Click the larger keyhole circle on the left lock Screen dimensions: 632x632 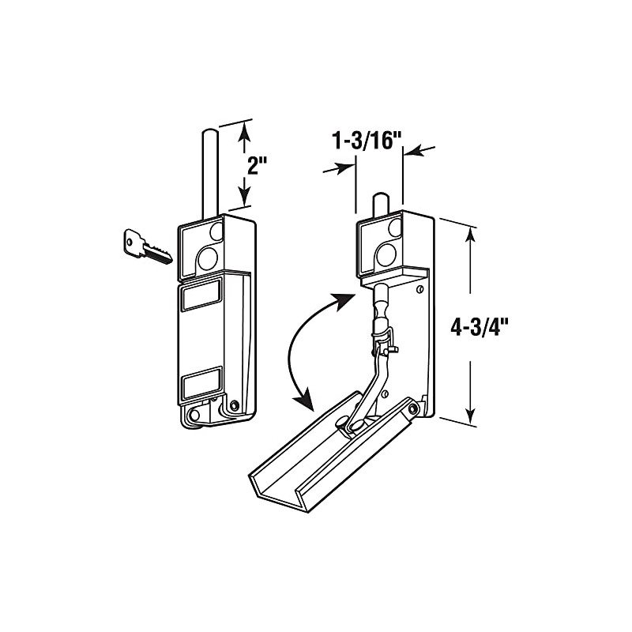(x=208, y=258)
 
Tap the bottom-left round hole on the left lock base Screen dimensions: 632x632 (x=194, y=413)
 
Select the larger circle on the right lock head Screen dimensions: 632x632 (x=386, y=254)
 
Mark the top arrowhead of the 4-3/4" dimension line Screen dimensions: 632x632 (x=472, y=234)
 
